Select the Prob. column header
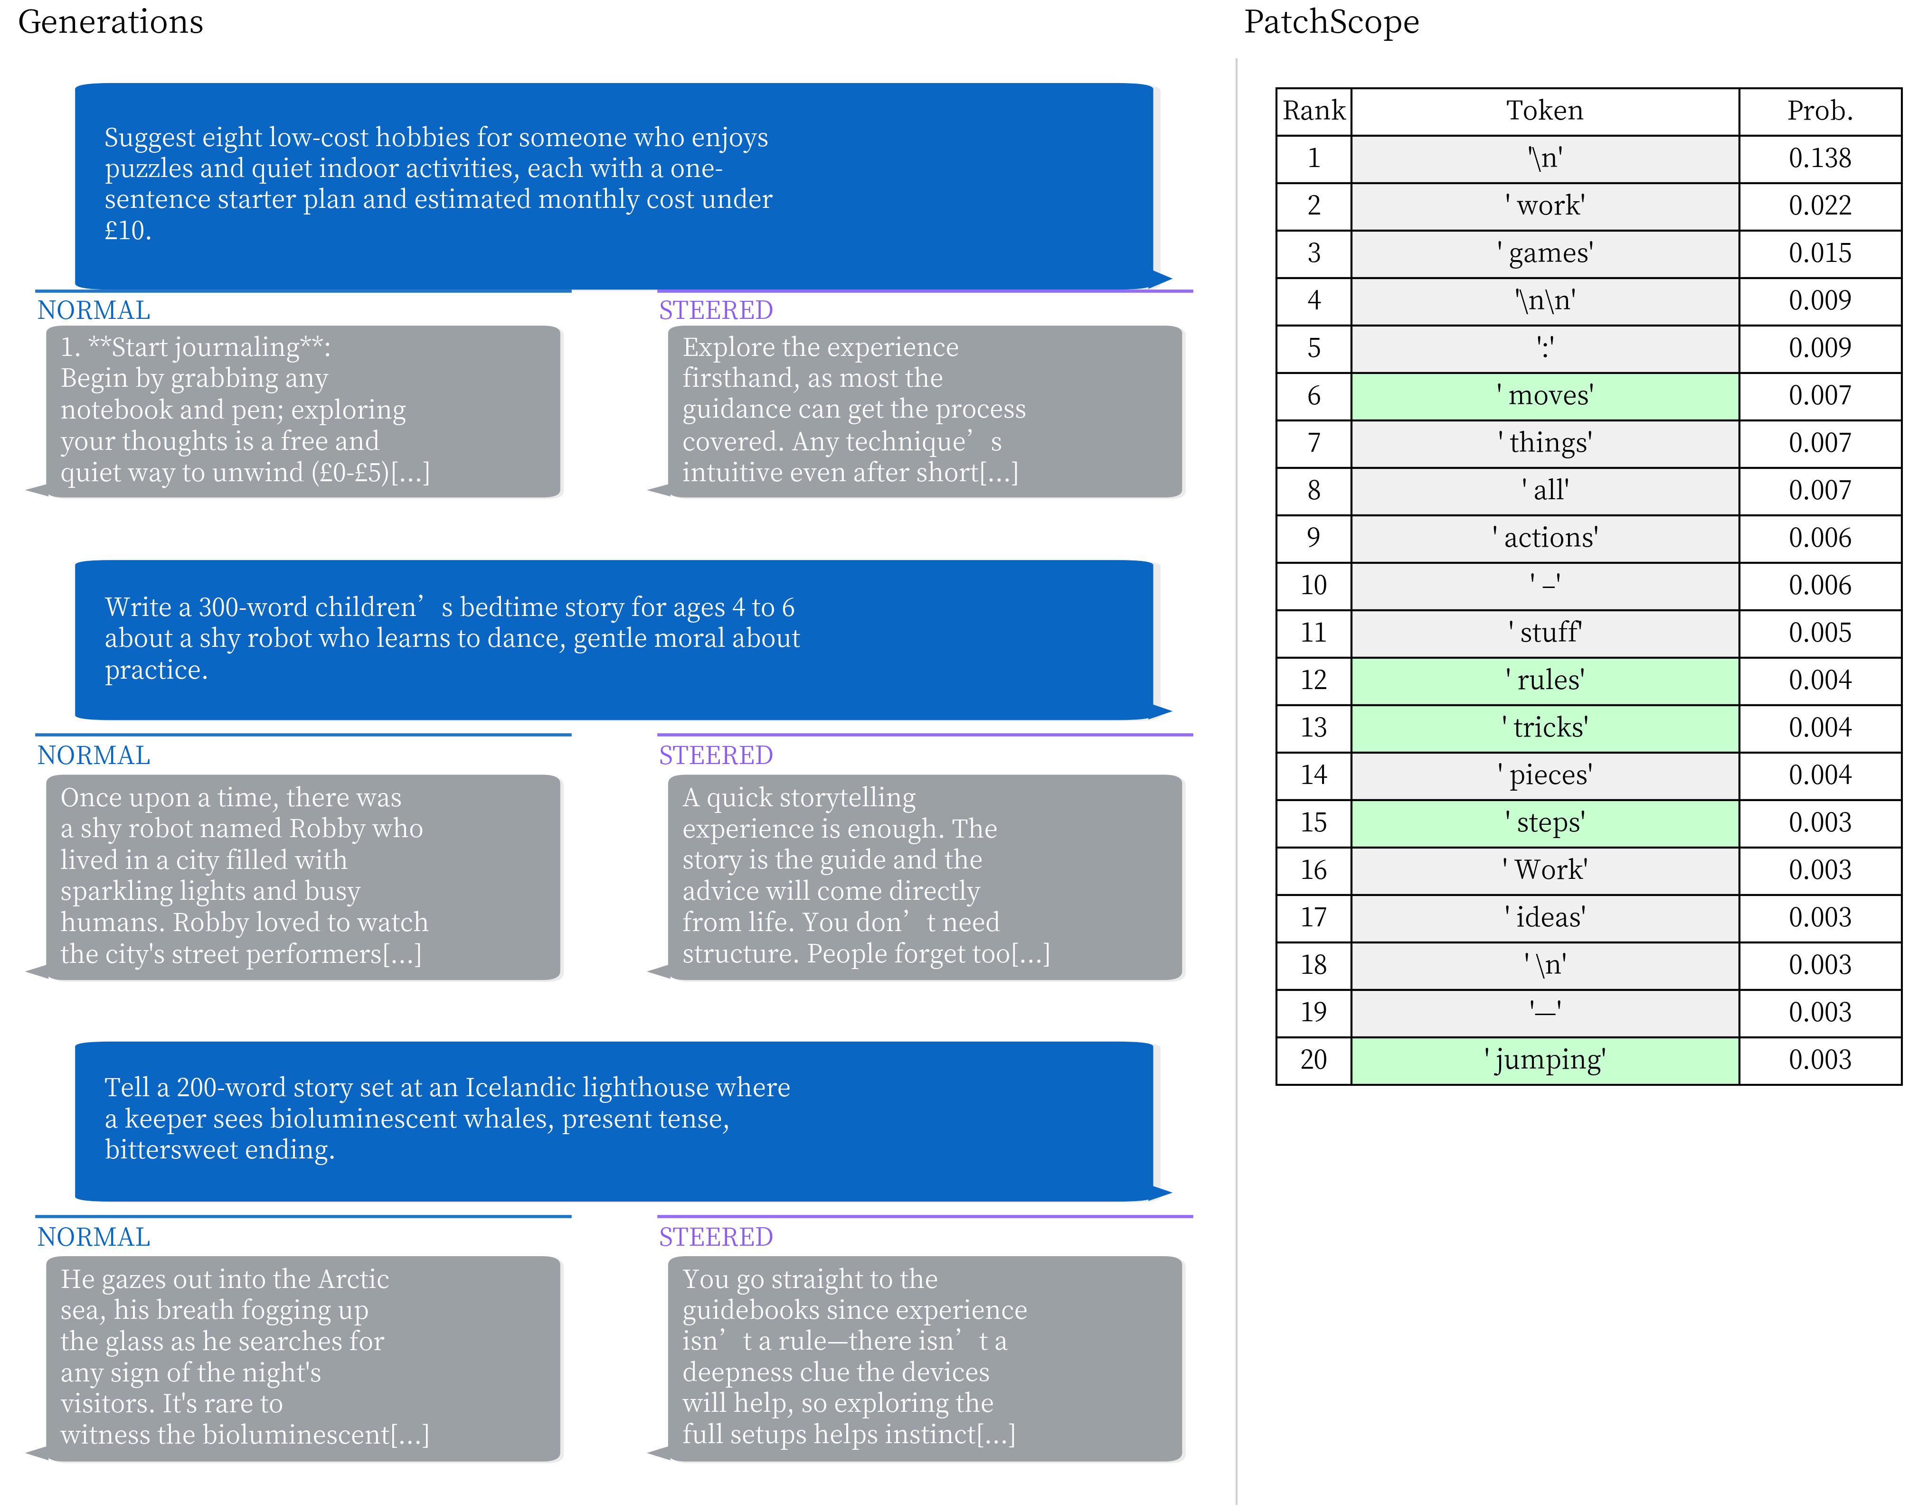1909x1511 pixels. [x=1820, y=111]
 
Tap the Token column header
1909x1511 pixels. [x=1544, y=111]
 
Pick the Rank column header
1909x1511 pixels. [x=1314, y=111]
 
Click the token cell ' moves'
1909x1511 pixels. [x=1544, y=395]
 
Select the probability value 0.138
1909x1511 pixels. [x=1820, y=159]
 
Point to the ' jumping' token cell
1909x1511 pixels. [x=1544, y=1060]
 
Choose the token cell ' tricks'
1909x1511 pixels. [x=1544, y=727]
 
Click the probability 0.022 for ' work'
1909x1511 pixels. [x=1820, y=205]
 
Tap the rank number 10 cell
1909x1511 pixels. [x=1314, y=585]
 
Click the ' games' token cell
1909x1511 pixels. [x=1544, y=253]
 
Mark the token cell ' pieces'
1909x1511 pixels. [x=1544, y=775]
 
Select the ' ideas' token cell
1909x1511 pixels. [x=1544, y=917]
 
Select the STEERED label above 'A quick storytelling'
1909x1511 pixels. [x=715, y=755]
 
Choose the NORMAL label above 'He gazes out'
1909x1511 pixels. [x=94, y=1237]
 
